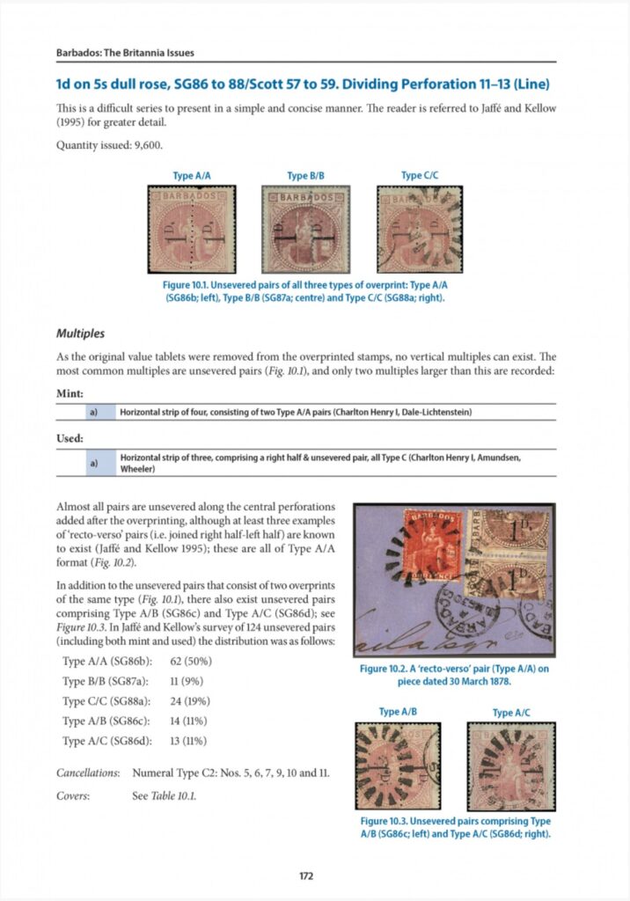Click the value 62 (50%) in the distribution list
pos(190,660)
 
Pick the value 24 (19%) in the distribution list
pos(190,700)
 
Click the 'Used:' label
pos(70,437)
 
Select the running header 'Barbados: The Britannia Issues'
pos(125,53)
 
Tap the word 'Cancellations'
pos(87,773)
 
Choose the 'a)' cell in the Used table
pos(92,463)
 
